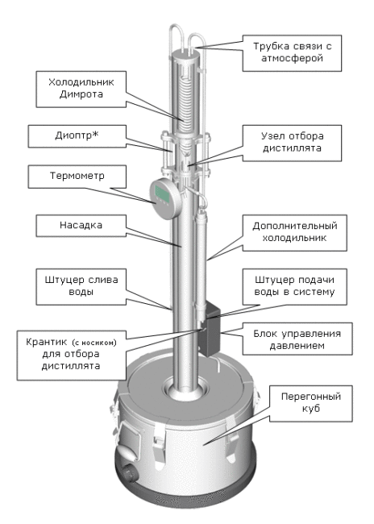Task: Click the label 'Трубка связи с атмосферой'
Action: click(292, 52)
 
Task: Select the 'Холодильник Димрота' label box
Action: click(81, 89)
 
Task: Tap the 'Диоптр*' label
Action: click(77, 136)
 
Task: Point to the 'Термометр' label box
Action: click(77, 177)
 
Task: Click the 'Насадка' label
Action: click(81, 226)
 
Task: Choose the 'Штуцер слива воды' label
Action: click(81, 286)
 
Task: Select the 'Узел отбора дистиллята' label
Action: click(292, 143)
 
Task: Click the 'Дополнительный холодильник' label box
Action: click(294, 233)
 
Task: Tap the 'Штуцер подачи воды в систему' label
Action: click(294, 286)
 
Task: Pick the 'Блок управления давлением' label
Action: click(297, 339)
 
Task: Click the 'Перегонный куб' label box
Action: click(311, 403)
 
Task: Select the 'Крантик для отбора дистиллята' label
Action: click(72, 355)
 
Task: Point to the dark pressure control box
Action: click(210, 328)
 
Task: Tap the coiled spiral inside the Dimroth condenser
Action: click(184, 102)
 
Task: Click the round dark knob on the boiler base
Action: click(129, 474)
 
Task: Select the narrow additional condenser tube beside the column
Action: click(200, 260)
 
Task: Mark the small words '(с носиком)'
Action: click(94, 343)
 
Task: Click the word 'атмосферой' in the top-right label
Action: click(292, 59)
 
